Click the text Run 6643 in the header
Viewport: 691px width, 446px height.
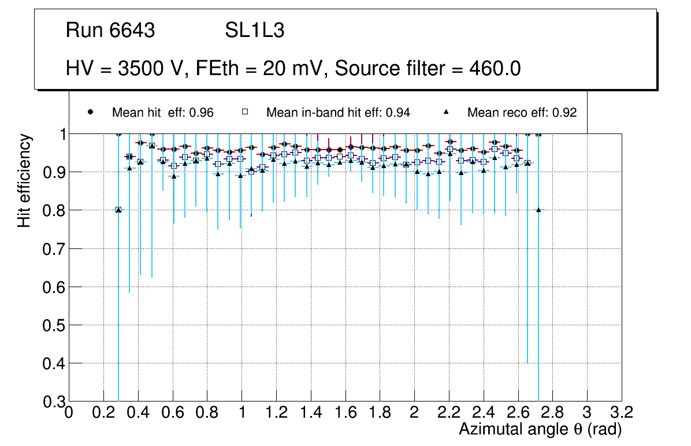(x=110, y=31)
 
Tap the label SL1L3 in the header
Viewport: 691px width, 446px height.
(x=254, y=31)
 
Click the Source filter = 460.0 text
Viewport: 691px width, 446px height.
(x=428, y=69)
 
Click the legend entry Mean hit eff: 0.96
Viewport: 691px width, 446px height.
(x=162, y=113)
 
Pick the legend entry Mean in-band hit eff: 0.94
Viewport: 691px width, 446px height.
(x=338, y=113)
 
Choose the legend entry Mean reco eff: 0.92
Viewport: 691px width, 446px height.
(x=522, y=113)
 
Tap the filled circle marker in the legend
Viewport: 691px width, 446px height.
(x=90, y=112)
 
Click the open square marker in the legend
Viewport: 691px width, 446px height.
(x=244, y=112)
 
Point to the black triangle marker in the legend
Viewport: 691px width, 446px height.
(x=447, y=112)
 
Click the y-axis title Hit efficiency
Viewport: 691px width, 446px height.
(x=24, y=180)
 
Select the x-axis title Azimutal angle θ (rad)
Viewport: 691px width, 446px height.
(x=540, y=429)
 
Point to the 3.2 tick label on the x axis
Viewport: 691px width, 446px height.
(x=622, y=412)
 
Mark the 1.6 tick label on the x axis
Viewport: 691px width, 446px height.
(x=345, y=412)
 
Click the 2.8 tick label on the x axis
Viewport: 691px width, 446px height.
(x=553, y=412)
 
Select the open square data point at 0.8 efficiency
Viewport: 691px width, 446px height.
(x=118, y=210)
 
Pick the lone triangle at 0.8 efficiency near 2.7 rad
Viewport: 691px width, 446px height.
(x=538, y=210)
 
